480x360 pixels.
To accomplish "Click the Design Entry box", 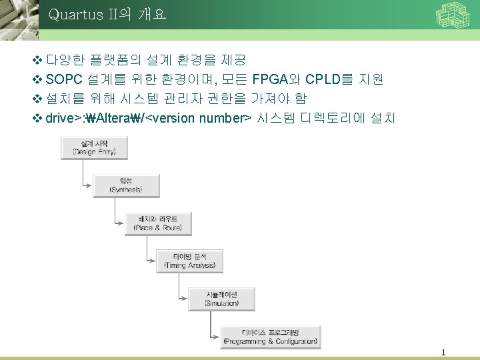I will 94,147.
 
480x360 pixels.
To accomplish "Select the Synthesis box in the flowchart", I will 126,185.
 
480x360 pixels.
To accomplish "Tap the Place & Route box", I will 159,223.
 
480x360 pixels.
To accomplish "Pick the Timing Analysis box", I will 190,261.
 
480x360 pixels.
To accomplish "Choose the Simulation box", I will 221,298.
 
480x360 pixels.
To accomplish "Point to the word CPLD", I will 323,80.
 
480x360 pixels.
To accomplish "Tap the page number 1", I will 443,352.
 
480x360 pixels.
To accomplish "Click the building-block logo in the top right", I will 453,15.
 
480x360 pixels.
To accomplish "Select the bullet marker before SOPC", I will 37,80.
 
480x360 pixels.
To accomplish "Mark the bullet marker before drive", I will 37,119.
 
